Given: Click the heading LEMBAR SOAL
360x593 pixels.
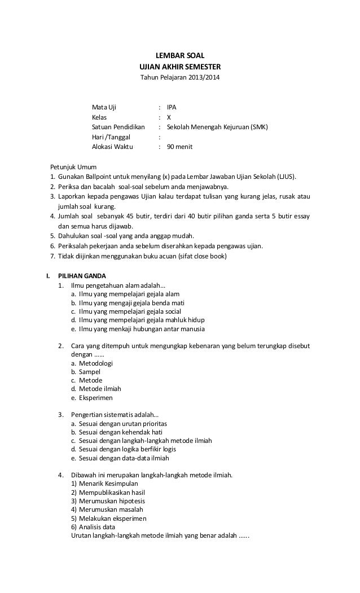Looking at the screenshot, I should click(x=180, y=55).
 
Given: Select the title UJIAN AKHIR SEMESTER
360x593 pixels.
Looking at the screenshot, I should click(x=180, y=66).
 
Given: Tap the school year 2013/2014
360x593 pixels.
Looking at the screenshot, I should click(x=197, y=76).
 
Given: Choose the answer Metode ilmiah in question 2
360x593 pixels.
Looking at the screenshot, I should click(x=100, y=389).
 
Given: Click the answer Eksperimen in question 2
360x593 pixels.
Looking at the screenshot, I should click(x=96, y=397).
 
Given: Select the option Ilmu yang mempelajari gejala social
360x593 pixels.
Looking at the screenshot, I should click(x=130, y=311).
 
